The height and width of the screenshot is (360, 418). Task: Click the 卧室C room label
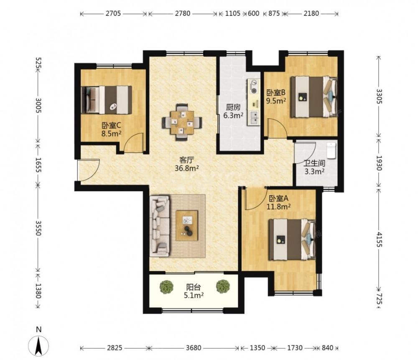tap(112, 125)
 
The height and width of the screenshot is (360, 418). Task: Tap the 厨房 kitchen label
tap(233, 107)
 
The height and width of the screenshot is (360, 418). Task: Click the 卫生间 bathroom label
tap(314, 163)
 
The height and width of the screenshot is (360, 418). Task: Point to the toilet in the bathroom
tap(331, 151)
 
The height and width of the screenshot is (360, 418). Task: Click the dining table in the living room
tap(182, 122)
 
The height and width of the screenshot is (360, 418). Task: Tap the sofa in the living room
tap(160, 226)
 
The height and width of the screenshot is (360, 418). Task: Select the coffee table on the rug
tap(187, 226)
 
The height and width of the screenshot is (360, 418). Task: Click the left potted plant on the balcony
tap(166, 287)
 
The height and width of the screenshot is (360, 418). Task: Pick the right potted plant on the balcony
tap(223, 286)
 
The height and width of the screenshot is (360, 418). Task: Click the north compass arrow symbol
tap(38, 345)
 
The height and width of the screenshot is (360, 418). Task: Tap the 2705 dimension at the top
tap(113, 13)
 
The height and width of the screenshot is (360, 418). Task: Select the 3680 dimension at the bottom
tap(194, 348)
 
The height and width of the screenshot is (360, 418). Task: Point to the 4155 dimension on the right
tap(379, 240)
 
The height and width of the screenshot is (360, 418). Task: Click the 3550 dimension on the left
tap(38, 228)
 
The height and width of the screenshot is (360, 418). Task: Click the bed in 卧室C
tap(106, 100)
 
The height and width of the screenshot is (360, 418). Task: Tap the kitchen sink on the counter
tap(254, 118)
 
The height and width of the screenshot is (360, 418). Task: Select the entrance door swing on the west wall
tap(89, 170)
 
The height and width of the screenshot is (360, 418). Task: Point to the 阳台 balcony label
tap(194, 287)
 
